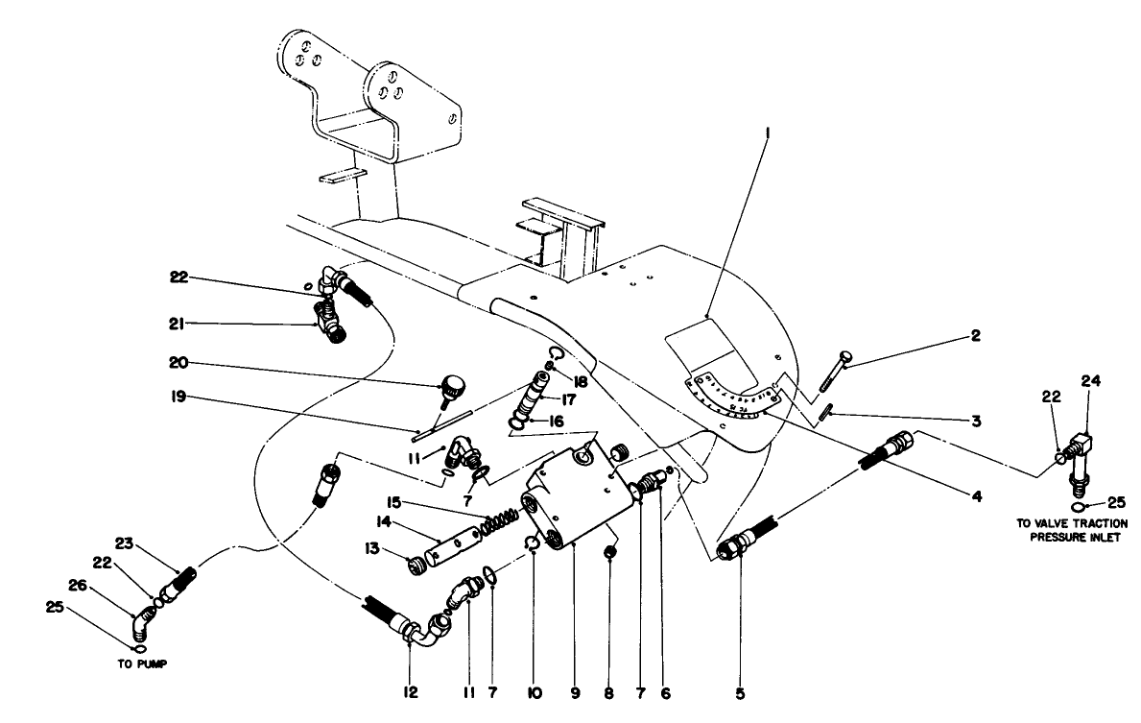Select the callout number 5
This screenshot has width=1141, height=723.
coord(740,690)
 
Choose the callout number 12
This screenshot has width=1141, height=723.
coord(409,690)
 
